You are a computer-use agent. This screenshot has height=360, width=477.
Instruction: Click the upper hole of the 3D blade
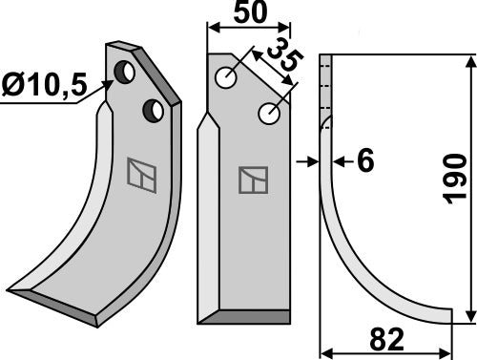pos(125,72)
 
